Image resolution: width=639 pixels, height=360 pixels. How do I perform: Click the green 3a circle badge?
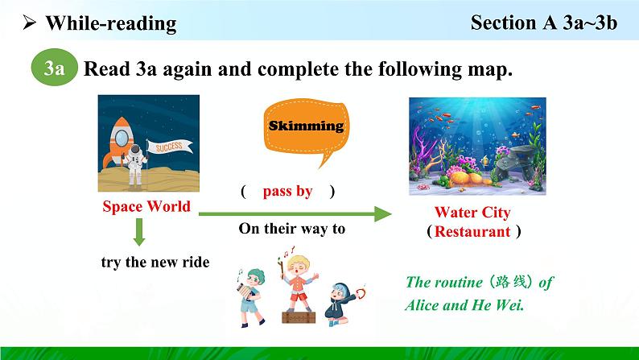click(x=54, y=68)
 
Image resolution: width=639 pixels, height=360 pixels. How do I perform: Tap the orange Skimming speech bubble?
click(x=307, y=128)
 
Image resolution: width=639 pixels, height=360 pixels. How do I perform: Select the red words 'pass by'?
click(x=288, y=191)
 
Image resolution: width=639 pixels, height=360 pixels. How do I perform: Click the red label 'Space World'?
click(x=146, y=206)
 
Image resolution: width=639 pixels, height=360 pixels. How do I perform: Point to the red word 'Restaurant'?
click(x=472, y=231)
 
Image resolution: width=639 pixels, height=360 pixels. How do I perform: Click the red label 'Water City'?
click(x=472, y=213)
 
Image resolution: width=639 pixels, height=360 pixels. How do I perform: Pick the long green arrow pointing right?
click(x=295, y=213)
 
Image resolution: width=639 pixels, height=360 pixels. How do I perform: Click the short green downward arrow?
click(x=139, y=232)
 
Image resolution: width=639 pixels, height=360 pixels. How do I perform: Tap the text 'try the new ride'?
click(x=155, y=262)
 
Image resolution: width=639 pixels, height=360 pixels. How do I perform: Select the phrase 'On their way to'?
click(x=292, y=228)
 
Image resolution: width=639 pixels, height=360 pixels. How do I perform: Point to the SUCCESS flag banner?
click(x=170, y=147)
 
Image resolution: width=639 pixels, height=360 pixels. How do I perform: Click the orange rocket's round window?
click(x=122, y=139)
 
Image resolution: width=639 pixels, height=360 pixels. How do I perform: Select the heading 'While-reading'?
click(x=111, y=23)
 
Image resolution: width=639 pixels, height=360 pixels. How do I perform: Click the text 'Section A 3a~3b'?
click(x=544, y=23)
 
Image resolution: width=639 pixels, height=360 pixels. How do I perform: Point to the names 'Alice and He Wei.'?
click(x=464, y=305)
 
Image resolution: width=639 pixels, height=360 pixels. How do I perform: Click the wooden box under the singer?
click(x=299, y=317)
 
